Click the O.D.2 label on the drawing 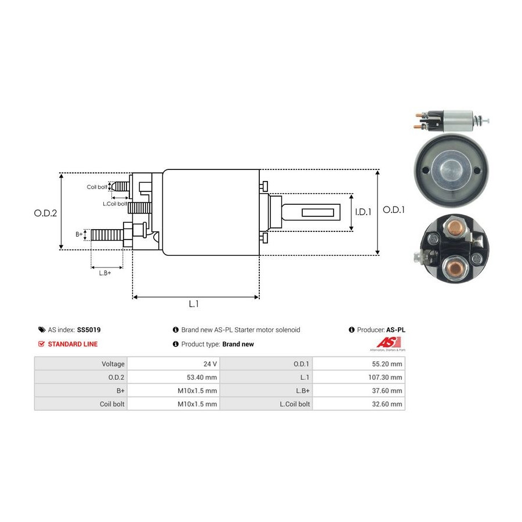[45, 213]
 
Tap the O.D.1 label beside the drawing [394, 210]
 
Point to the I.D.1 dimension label [362, 212]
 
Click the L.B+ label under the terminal [105, 273]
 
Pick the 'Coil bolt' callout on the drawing [97, 187]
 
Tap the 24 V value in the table [211, 364]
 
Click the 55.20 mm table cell [389, 364]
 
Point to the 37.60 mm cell [389, 390]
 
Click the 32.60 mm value [389, 404]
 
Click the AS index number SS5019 [88, 329]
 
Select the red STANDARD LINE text [72, 344]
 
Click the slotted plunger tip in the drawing [318, 213]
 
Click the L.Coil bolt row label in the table [296, 404]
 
